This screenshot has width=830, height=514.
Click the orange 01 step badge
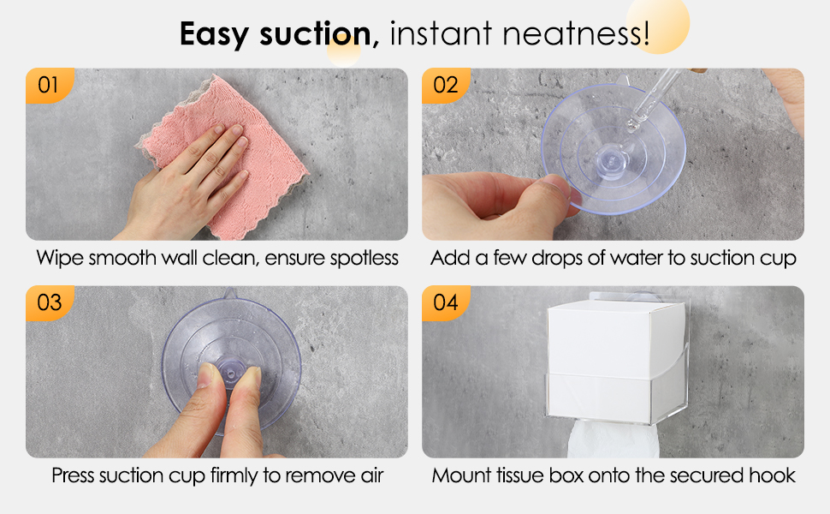pos(50,85)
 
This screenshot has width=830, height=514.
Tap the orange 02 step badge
pos(445,85)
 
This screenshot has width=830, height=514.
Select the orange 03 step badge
pos(50,302)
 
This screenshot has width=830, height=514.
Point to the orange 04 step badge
pos(445,302)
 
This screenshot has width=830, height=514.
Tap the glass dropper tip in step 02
pos(632,128)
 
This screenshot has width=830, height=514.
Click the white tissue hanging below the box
pos(613,439)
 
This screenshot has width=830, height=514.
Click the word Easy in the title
pos(213,34)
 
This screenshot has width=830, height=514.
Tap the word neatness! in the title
pos(575,33)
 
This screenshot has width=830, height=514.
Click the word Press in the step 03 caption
pos(73,475)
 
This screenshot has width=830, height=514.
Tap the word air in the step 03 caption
pos(372,475)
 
